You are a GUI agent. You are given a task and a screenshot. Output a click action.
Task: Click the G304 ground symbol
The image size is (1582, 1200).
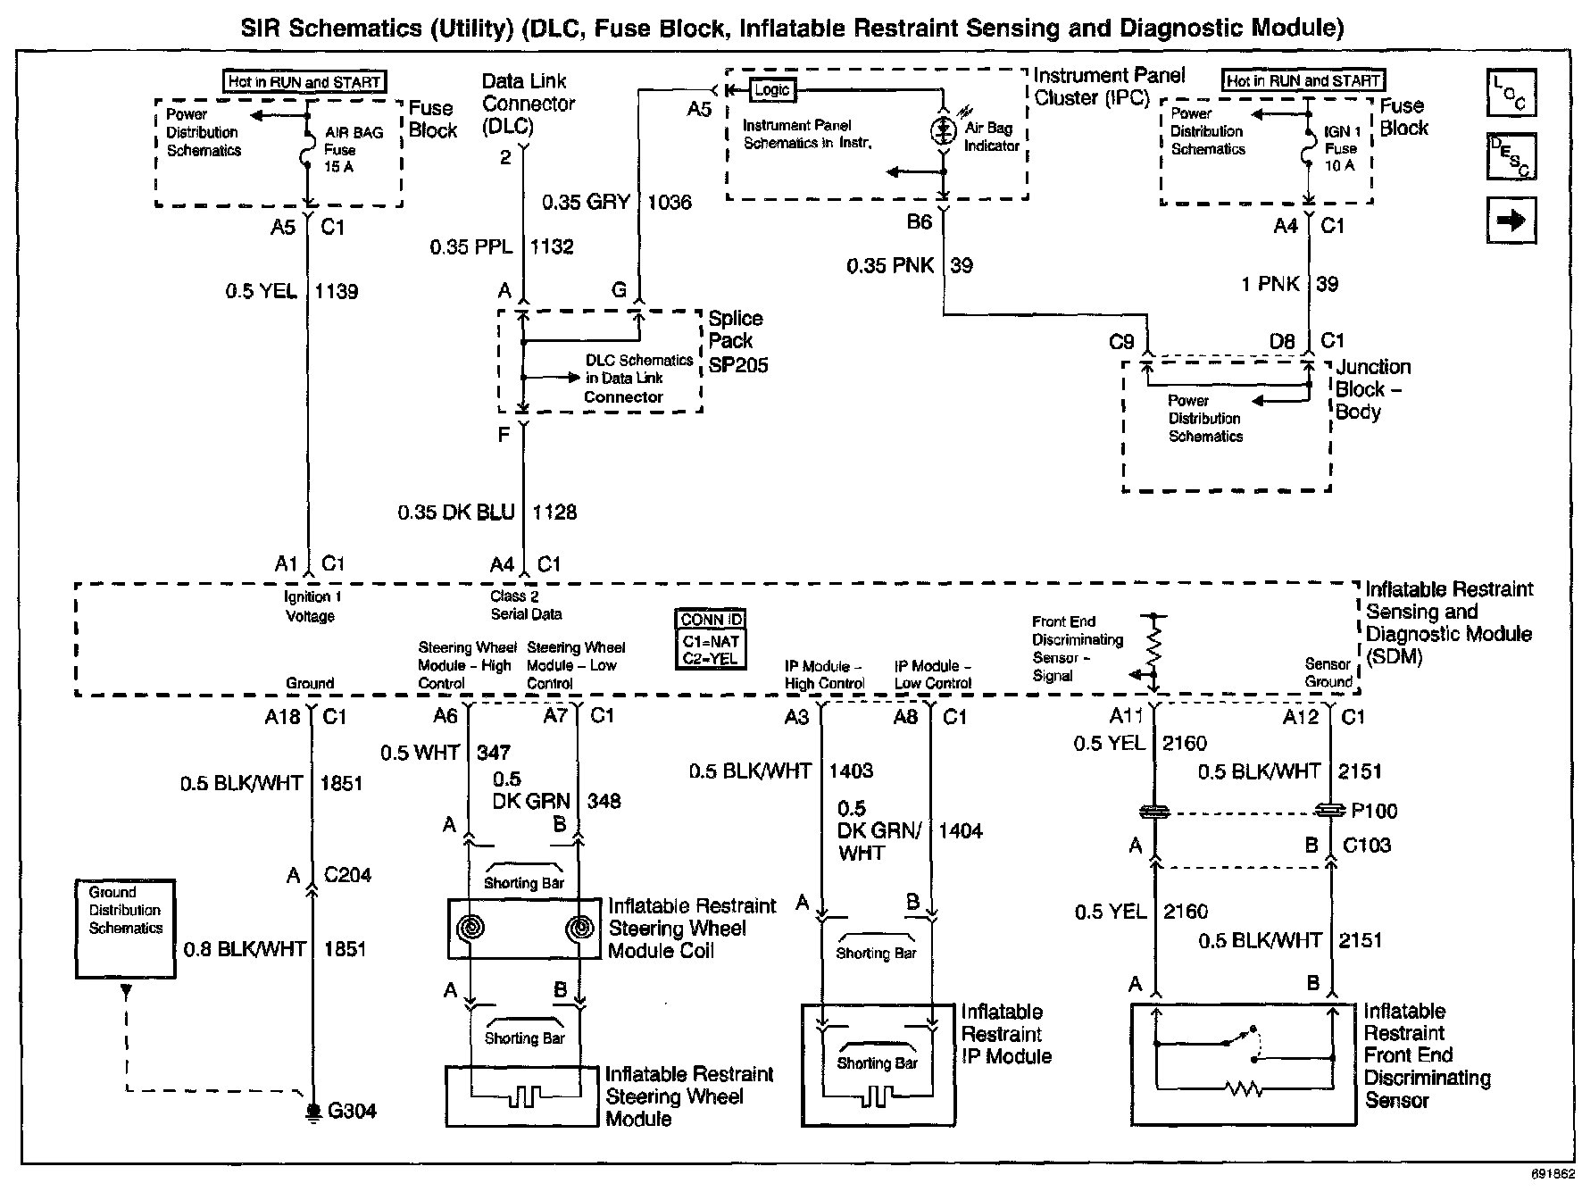pyautogui.click(x=313, y=1111)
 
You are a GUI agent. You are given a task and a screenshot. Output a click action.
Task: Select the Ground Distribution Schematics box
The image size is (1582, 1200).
pyautogui.click(x=125, y=929)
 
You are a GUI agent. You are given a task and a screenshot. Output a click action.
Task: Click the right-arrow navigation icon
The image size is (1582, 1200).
pyautogui.click(x=1511, y=221)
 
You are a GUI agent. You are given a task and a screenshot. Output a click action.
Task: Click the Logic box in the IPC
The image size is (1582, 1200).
pyautogui.click(x=771, y=90)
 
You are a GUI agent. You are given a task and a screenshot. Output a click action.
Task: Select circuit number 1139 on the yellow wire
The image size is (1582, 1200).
pyautogui.click(x=337, y=291)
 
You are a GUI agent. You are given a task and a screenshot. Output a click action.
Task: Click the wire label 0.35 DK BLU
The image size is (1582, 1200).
pyautogui.click(x=456, y=512)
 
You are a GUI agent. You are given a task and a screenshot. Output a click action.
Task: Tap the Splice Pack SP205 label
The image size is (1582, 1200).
pyautogui.click(x=737, y=342)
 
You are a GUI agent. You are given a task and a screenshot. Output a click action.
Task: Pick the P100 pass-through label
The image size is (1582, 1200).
pyautogui.click(x=1374, y=811)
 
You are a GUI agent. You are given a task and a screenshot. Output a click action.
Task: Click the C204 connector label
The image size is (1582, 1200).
pyautogui.click(x=347, y=875)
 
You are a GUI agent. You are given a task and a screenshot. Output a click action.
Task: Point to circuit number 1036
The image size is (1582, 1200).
pyautogui.click(x=669, y=203)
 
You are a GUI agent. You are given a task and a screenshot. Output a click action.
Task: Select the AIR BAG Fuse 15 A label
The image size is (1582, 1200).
pyautogui.click(x=353, y=149)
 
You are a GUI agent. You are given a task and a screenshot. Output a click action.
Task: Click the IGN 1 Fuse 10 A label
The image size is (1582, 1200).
pyautogui.click(x=1341, y=148)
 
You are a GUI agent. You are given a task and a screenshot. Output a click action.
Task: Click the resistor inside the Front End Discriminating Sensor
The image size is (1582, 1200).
pyautogui.click(x=1244, y=1089)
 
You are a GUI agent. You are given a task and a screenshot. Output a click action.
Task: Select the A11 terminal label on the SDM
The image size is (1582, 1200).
pyautogui.click(x=1127, y=716)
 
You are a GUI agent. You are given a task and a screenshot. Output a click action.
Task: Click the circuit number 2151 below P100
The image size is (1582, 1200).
pyautogui.click(x=1360, y=940)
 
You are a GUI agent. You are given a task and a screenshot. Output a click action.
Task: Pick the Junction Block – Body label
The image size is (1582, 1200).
pyautogui.click(x=1372, y=389)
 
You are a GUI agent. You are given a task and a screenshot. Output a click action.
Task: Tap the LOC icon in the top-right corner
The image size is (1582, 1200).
pyautogui.click(x=1511, y=94)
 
